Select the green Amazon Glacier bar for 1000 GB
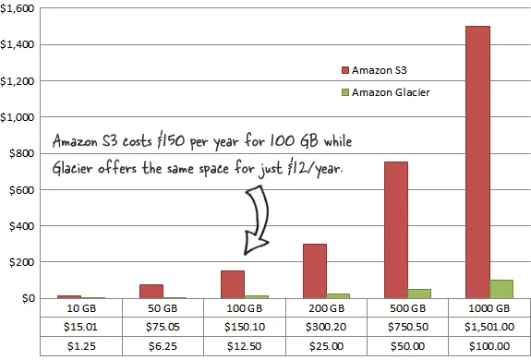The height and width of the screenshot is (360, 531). [x=501, y=289]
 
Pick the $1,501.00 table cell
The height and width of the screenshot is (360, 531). [x=489, y=326]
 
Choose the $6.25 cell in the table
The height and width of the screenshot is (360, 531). [x=164, y=344]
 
